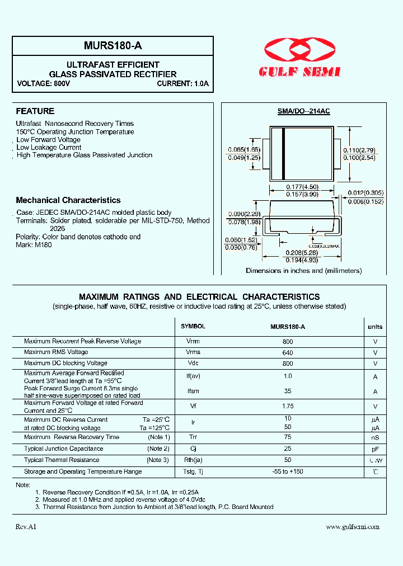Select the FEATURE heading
pos(35,111)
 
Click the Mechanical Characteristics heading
pos(68,200)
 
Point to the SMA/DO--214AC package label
pos(304,111)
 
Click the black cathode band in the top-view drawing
pos(284,154)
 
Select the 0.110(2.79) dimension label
pos(359,150)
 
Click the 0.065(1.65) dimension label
pos(244,150)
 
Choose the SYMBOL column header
pos(193,327)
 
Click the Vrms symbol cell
pos(193,352)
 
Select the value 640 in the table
pos(288,352)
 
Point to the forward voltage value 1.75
pos(288,407)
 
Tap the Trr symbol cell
pos(193,437)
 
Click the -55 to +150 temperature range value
pos(288,472)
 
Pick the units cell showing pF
pos(375,449)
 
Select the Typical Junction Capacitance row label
pos(64,449)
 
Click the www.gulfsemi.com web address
pos(353,527)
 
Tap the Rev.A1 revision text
pos(26,527)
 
